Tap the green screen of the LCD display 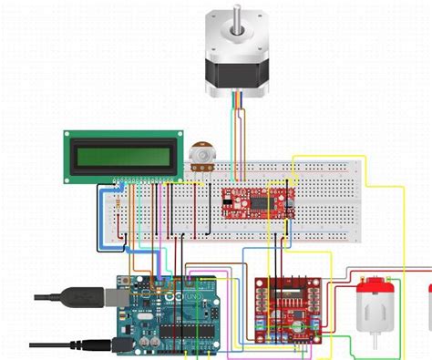point(119,156)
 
